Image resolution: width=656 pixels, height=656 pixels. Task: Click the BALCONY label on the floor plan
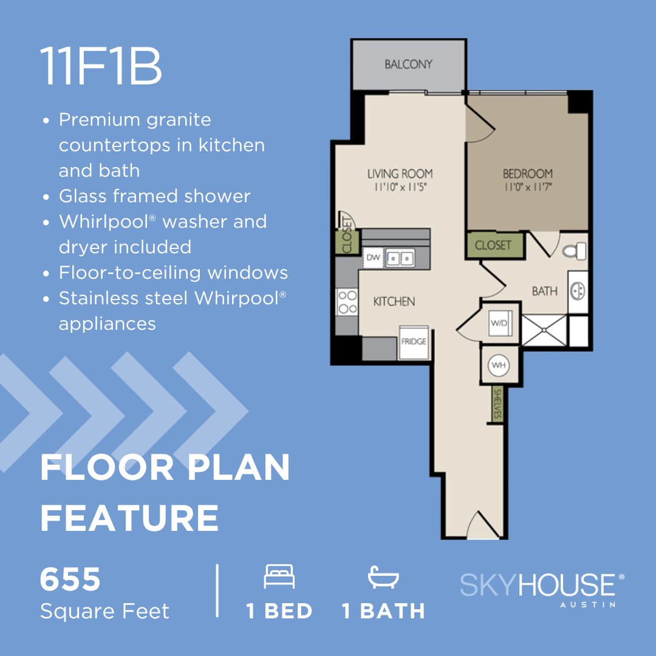pyautogui.click(x=408, y=64)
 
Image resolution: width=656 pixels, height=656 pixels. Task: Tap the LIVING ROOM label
pyautogui.click(x=400, y=174)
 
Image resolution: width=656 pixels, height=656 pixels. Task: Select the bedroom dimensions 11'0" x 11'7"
pyautogui.click(x=527, y=188)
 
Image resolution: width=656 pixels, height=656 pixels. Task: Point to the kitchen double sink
pyautogui.click(x=400, y=259)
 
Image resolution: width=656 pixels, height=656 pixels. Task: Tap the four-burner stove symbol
pyautogui.click(x=347, y=302)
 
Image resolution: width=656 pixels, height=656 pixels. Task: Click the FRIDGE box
pyautogui.click(x=414, y=342)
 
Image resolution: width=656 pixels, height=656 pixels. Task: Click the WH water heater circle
pyautogui.click(x=499, y=365)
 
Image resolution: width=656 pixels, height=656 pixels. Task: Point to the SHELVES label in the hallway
pyautogui.click(x=497, y=404)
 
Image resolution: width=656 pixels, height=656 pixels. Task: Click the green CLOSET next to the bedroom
pyautogui.click(x=493, y=245)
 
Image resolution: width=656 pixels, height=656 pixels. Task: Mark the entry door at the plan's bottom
pyautogui.click(x=481, y=525)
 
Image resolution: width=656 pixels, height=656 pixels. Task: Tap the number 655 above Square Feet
pyautogui.click(x=70, y=579)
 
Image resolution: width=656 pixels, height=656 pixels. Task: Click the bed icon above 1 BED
pyautogui.click(x=279, y=576)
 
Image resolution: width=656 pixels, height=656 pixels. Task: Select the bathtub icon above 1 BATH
pyautogui.click(x=383, y=577)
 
